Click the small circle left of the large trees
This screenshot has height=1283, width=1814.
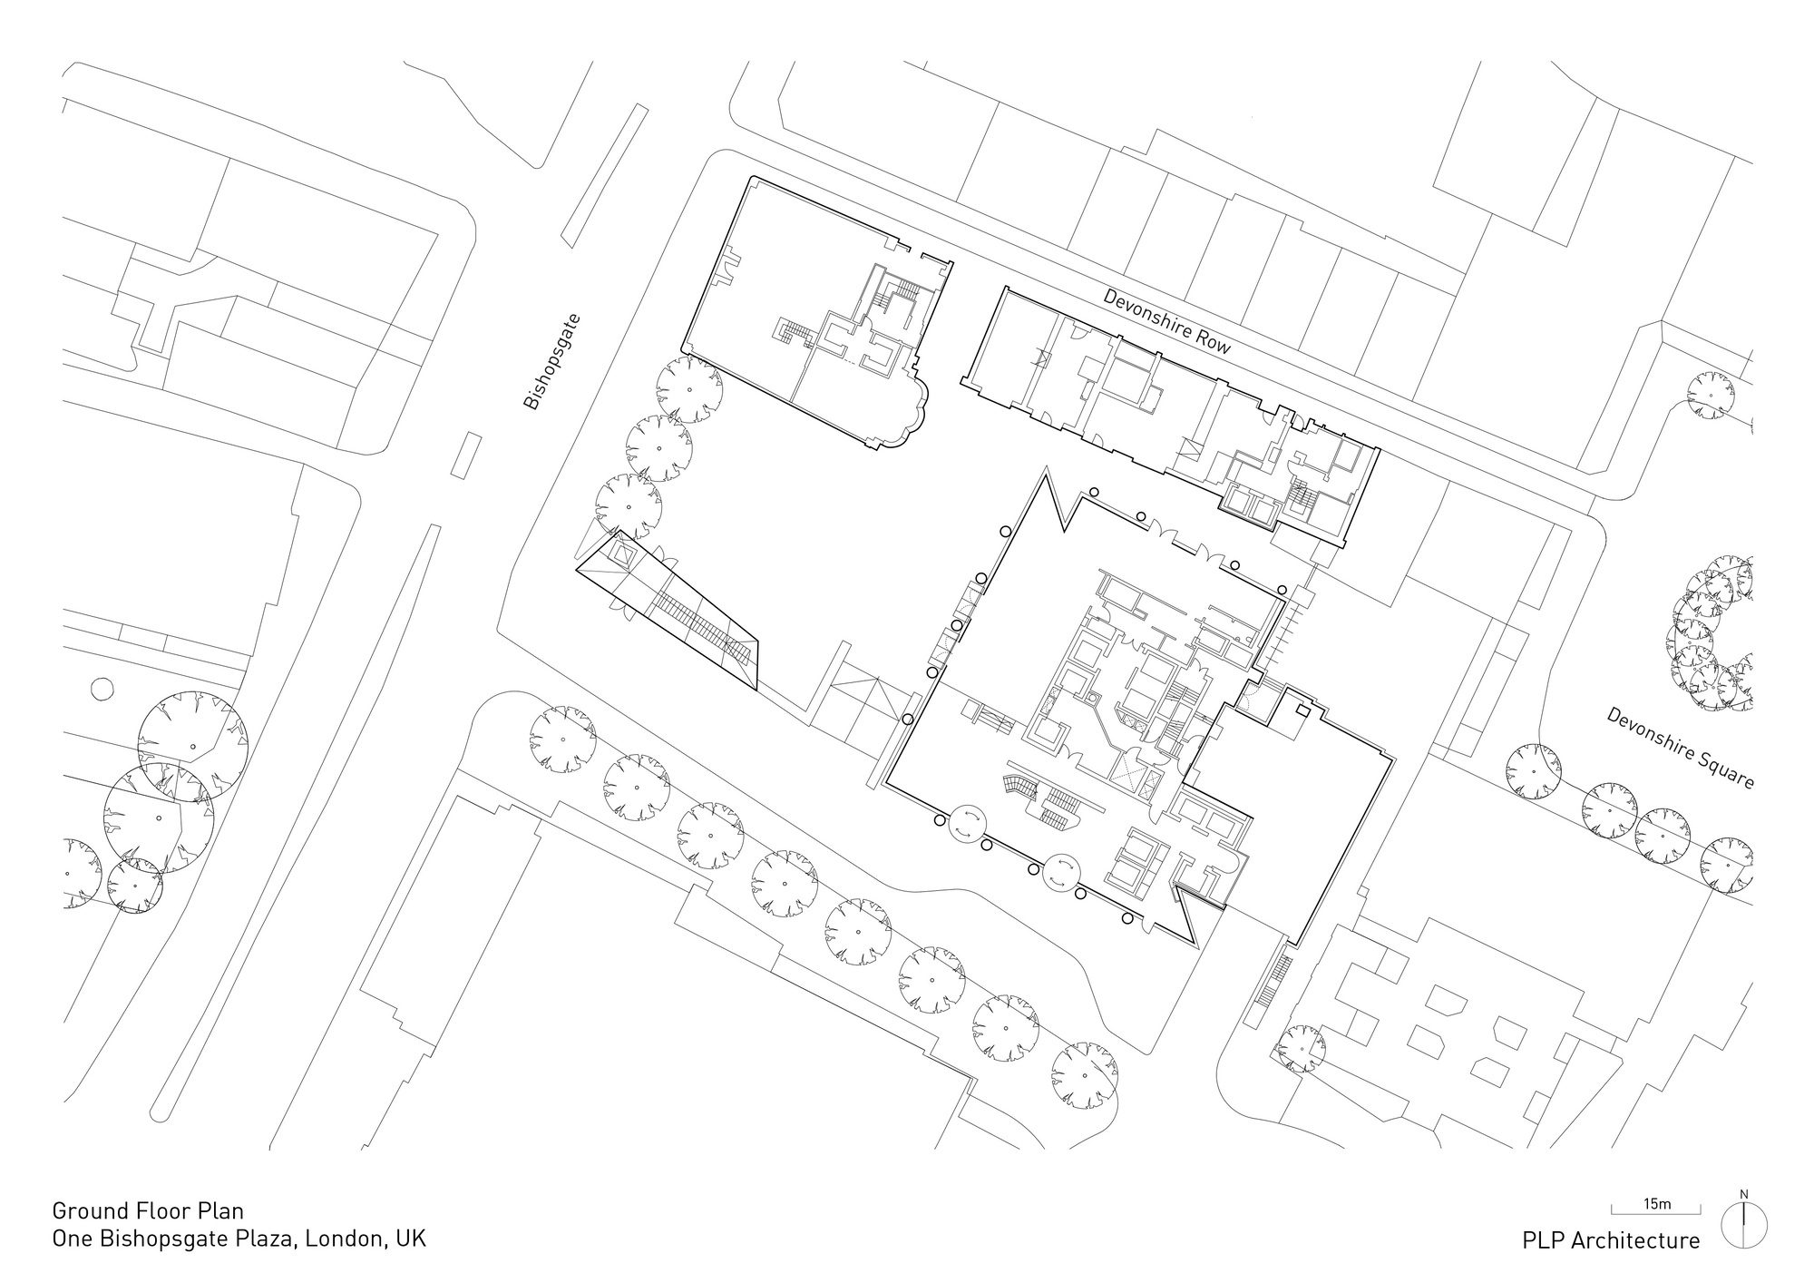pyautogui.click(x=101, y=690)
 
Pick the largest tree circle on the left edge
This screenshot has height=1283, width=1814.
pyautogui.click(x=159, y=819)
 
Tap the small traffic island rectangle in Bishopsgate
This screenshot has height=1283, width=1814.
pyautogui.click(x=466, y=455)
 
